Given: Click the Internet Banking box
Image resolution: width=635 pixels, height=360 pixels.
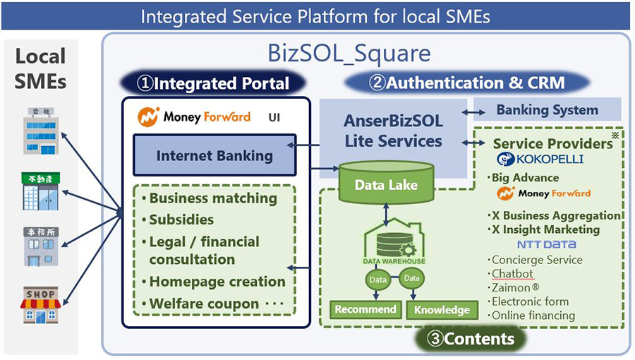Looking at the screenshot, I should coord(214,156).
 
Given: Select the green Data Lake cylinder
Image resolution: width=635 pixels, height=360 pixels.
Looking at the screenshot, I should coord(385,184).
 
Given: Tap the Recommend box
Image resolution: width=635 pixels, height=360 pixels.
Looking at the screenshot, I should coord(365,309).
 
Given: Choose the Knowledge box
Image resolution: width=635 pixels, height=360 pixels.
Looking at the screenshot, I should coord(442,309).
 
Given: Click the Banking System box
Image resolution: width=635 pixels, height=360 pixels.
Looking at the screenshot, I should coord(547,110).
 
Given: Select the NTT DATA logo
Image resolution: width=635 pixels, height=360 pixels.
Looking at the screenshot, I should coord(547,244).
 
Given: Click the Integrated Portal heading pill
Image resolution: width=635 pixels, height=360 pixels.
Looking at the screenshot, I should coord(214,83).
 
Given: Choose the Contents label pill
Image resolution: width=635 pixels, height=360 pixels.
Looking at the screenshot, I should coord(471,339).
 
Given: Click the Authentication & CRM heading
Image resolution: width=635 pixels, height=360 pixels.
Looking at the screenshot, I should coord(467,83).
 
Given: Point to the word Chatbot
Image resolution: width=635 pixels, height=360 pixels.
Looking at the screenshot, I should coord(513,274).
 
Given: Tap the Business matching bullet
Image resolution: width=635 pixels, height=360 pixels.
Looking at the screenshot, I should coord(212,198).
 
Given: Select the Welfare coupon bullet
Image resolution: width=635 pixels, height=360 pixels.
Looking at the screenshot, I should coord(204,304).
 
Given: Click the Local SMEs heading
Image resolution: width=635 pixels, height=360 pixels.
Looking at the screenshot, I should coord(40,68).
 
